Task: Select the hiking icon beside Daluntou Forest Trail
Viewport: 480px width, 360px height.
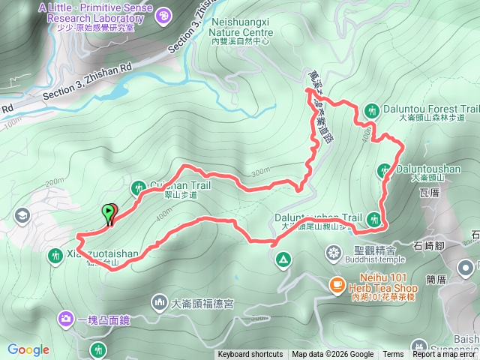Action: click(373, 109)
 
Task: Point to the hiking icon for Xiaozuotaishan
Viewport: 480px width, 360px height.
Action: click(55, 255)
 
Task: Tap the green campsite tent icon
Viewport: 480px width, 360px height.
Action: click(283, 260)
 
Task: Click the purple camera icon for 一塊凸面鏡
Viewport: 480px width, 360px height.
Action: click(66, 320)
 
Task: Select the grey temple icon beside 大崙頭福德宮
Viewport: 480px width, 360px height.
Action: click(159, 303)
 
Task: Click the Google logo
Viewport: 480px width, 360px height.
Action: click(28, 349)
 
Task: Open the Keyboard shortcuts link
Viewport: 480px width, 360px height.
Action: click(251, 355)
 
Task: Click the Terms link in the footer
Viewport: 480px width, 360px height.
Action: click(393, 355)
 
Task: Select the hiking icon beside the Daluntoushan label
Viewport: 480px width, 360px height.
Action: click(385, 172)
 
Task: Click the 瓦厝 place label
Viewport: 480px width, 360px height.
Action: click(430, 193)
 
